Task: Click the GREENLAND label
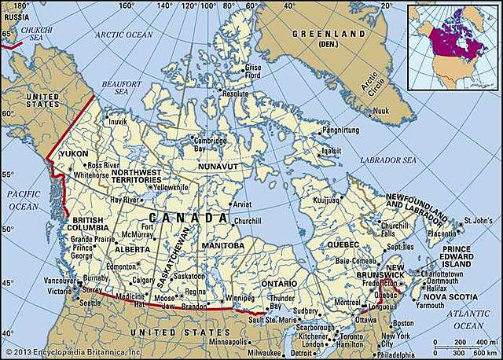point(329,35)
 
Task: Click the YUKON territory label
point(74,154)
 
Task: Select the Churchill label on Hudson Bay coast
point(245,221)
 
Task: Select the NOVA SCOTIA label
point(451,298)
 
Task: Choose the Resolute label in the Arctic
point(235,94)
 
